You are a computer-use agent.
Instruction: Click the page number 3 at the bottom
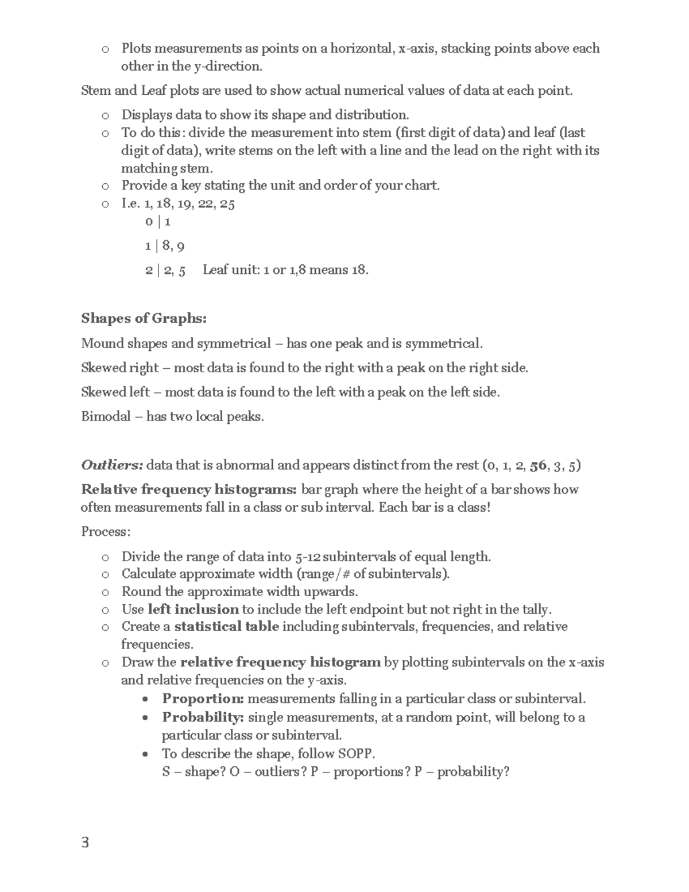pyautogui.click(x=86, y=843)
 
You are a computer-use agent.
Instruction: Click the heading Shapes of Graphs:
pyautogui.click(x=144, y=318)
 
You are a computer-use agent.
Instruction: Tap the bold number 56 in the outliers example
pyautogui.click(x=538, y=465)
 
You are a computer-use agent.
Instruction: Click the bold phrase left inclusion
pyautogui.click(x=193, y=609)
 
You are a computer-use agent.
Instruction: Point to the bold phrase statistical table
pyautogui.click(x=226, y=627)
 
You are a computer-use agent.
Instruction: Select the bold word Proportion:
pyautogui.click(x=203, y=699)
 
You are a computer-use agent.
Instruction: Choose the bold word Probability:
pyautogui.click(x=203, y=717)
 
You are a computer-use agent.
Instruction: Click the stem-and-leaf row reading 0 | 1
pyautogui.click(x=158, y=222)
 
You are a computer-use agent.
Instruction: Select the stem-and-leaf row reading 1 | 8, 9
pyautogui.click(x=164, y=246)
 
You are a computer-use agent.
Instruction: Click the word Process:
pyautogui.click(x=106, y=532)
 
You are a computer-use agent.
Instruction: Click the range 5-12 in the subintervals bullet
pyautogui.click(x=308, y=557)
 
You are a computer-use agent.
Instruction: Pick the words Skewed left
pyautogui.click(x=115, y=392)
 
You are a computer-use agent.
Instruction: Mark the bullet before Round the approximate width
pyautogui.click(x=104, y=592)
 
